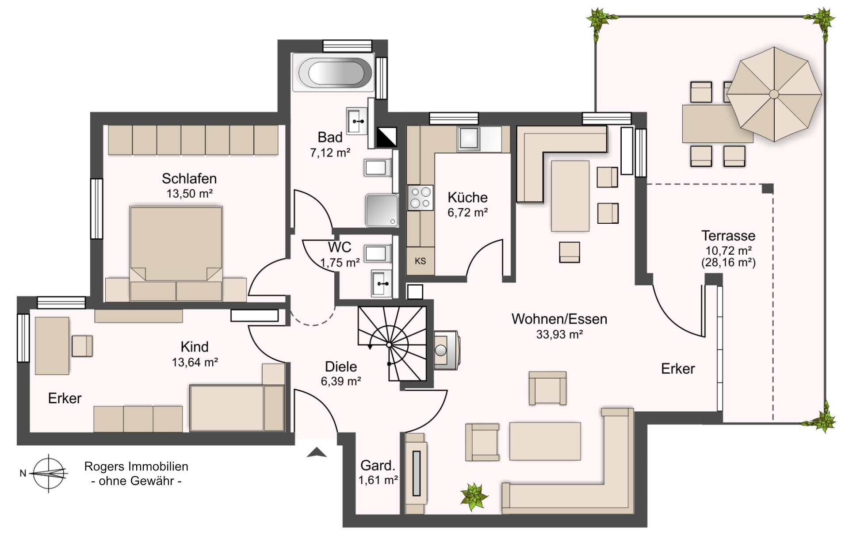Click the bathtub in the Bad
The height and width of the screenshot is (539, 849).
click(x=335, y=73)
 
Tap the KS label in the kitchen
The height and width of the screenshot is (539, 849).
click(x=420, y=261)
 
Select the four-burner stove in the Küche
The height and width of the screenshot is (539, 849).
click(x=420, y=198)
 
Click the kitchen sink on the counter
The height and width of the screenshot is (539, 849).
click(x=469, y=138)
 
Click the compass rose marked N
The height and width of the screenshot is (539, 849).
click(x=49, y=473)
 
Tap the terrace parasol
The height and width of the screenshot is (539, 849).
click(x=774, y=94)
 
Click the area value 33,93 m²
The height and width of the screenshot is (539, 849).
click(x=559, y=335)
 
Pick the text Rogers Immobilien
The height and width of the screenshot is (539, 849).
click(x=136, y=466)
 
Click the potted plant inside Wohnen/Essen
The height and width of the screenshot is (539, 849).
click(x=474, y=496)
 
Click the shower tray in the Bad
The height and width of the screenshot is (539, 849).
click(x=382, y=210)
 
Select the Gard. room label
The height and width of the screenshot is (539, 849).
click(x=378, y=466)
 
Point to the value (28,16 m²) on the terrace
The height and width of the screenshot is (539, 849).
click(x=728, y=263)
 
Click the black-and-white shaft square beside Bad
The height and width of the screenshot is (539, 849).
click(x=386, y=137)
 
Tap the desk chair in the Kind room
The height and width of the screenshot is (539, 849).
click(x=82, y=346)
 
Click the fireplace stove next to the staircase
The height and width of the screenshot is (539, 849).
click(x=446, y=350)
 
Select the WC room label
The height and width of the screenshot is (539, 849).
click(x=340, y=247)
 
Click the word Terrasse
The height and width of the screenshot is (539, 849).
click(x=728, y=236)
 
